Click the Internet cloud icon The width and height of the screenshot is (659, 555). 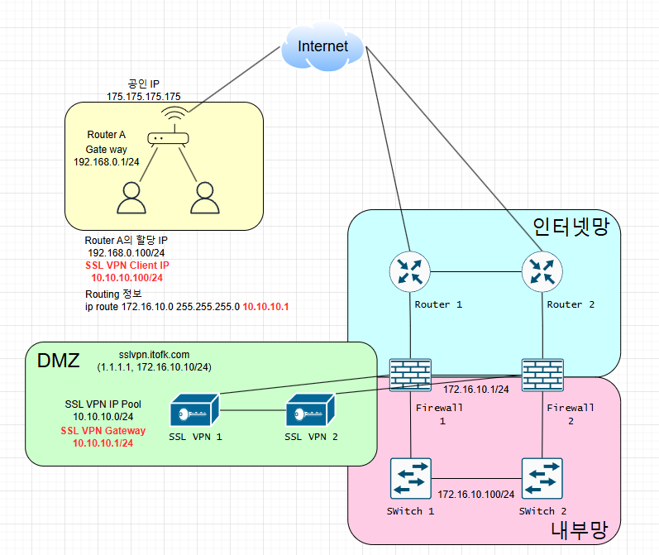click(322, 46)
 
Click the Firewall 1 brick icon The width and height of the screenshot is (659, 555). click(411, 373)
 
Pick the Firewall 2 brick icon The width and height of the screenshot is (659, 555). click(542, 373)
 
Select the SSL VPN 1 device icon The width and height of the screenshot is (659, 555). click(193, 409)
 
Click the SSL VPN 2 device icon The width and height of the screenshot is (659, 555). click(311, 409)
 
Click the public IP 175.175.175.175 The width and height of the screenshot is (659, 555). click(144, 97)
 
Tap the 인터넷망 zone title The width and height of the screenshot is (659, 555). click(575, 226)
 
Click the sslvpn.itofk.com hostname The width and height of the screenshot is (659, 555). click(154, 355)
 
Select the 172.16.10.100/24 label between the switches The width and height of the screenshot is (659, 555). click(476, 494)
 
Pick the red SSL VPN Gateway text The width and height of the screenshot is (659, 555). click(103, 431)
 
